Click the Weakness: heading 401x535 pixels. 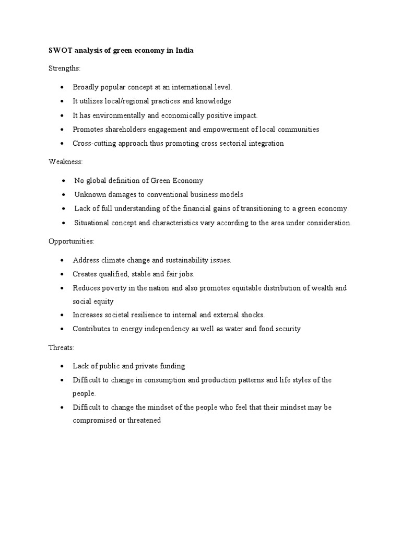[62, 162]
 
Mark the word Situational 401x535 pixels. [93, 223]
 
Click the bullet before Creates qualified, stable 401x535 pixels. [62, 274]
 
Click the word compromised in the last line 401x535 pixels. [94, 421]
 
